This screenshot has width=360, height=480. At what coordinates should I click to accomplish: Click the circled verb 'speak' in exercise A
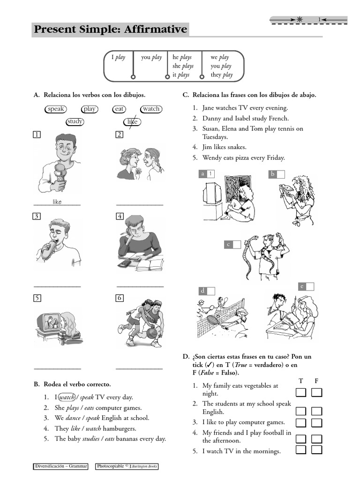[56, 109]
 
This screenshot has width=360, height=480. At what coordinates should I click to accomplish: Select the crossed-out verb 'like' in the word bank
[133, 122]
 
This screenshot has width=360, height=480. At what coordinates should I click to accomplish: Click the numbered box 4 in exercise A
[120, 216]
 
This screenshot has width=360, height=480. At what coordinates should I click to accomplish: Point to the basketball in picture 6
[152, 333]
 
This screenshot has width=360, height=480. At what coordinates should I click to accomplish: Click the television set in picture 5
[49, 323]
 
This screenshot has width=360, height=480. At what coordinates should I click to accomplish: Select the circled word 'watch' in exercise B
[67, 397]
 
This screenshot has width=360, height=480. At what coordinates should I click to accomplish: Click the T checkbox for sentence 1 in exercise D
[300, 392]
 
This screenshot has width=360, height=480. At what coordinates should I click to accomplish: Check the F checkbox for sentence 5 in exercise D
[317, 450]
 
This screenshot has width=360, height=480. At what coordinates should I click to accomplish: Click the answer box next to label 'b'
[280, 174]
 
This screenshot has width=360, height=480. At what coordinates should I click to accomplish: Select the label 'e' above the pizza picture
[302, 286]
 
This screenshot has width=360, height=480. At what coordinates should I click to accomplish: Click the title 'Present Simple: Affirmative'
[110, 30]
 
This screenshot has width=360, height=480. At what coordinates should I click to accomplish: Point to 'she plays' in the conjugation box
[183, 66]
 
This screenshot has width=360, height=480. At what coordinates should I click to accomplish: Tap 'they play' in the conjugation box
[221, 75]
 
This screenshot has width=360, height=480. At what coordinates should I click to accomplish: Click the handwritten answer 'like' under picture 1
[57, 202]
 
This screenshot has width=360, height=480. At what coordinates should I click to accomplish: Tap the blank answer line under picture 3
[57, 286]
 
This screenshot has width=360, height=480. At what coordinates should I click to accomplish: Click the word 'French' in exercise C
[278, 118]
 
